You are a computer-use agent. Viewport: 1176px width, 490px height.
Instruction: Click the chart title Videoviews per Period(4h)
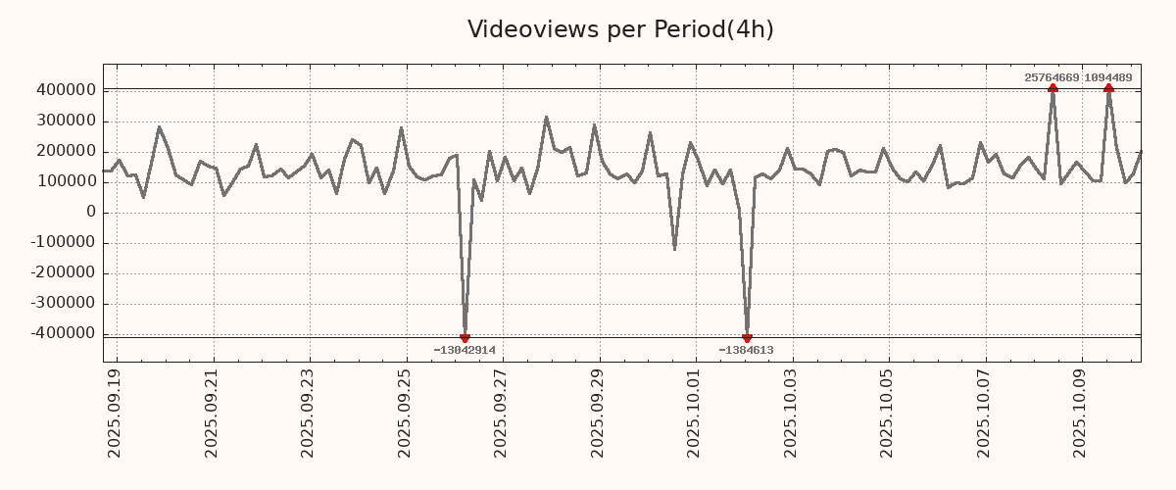[620, 29]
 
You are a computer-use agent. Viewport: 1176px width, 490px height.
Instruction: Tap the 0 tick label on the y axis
[90, 212]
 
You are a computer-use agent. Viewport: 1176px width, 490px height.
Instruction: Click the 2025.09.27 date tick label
[503, 413]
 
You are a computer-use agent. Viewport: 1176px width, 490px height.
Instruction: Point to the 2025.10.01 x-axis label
[696, 413]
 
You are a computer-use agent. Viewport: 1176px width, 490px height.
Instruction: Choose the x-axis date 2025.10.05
[889, 413]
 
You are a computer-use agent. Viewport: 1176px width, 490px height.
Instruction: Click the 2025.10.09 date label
[1082, 413]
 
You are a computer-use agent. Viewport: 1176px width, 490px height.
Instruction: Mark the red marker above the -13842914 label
[465, 338]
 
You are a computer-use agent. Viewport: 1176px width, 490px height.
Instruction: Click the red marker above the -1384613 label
[747, 338]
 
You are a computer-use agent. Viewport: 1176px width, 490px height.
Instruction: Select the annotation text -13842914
[465, 350]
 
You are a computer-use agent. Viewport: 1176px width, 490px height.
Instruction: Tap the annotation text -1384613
[747, 350]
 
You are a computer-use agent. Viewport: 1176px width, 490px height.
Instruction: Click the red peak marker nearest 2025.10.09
[1108, 88]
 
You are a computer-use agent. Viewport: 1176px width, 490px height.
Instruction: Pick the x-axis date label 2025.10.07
[985, 413]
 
